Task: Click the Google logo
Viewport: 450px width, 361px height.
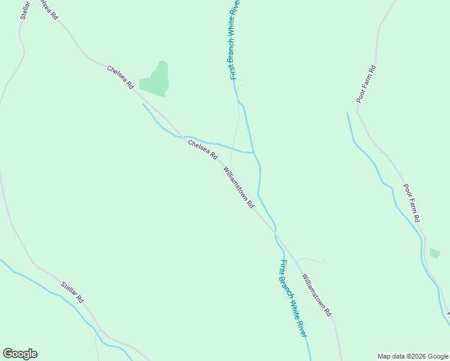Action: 20,354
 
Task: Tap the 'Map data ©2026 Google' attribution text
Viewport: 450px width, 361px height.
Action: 413,356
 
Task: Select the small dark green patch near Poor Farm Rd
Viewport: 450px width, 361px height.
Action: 434,253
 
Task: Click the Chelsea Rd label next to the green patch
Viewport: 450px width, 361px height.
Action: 120,78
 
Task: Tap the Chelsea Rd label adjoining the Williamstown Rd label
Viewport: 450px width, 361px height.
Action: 202,150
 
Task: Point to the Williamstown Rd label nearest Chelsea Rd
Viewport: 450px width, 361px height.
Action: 239,187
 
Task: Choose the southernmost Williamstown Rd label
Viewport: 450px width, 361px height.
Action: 316,295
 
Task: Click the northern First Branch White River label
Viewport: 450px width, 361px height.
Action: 235,39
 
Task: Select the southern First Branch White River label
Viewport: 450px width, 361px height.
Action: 294,298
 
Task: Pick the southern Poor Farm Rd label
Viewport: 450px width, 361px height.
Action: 411,202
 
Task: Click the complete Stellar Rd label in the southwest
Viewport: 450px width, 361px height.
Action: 72,292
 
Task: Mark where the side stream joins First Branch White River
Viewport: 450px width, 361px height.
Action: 253,152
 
